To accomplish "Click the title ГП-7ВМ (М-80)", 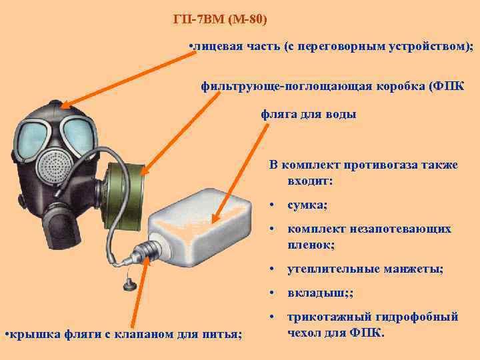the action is (219, 19).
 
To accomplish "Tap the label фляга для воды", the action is (308, 114).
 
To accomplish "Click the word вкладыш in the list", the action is (310, 293).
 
